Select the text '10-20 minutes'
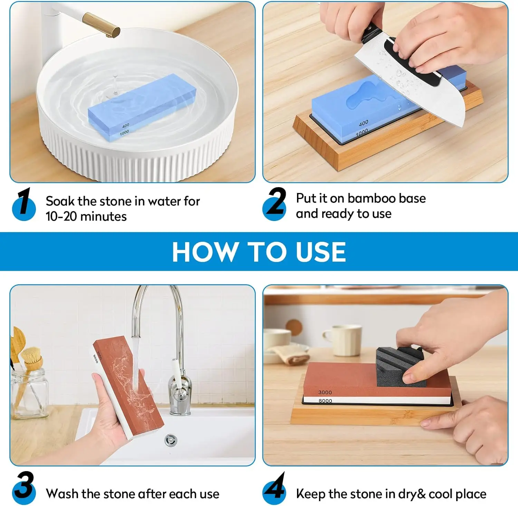86,217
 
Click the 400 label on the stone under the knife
363,123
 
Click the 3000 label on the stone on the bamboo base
325,392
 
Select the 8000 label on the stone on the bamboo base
325,401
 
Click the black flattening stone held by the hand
397,368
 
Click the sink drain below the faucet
171,440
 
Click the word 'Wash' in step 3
62,494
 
